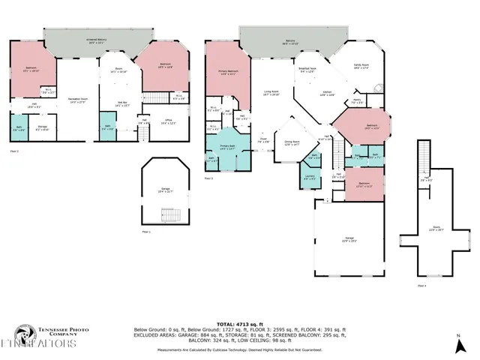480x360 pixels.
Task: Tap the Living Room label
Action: pos(271,94)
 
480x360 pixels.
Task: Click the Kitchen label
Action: pos(327,94)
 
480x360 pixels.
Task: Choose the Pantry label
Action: pos(358,101)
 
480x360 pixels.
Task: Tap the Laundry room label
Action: pos(310,178)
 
